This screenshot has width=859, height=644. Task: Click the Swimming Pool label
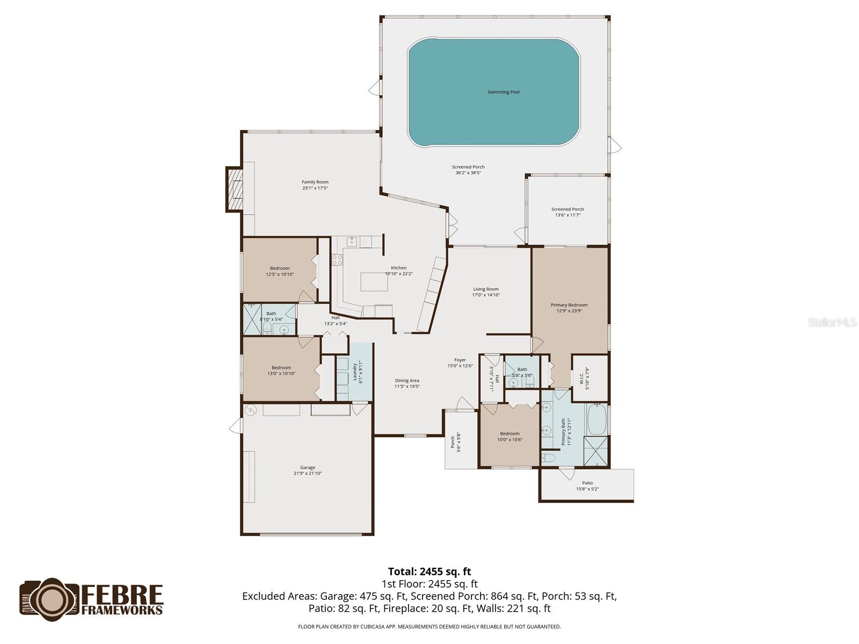[x=503, y=92]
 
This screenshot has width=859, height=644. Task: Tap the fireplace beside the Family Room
[x=235, y=189]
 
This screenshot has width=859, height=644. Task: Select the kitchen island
[x=374, y=282]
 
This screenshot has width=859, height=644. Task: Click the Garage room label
[x=308, y=467]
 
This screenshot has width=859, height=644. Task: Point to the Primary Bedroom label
[x=569, y=305]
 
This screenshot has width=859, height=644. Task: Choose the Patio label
[x=587, y=483]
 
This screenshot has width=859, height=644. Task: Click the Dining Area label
[x=407, y=380]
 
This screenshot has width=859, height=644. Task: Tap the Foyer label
[x=460, y=360]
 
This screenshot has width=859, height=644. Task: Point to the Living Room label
[x=486, y=289]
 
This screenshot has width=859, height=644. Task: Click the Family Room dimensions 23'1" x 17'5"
[x=315, y=188]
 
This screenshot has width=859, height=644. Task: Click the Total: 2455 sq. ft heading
[x=429, y=572]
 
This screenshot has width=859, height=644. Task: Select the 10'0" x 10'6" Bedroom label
[x=509, y=434]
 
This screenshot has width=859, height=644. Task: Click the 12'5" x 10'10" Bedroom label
[x=280, y=268]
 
